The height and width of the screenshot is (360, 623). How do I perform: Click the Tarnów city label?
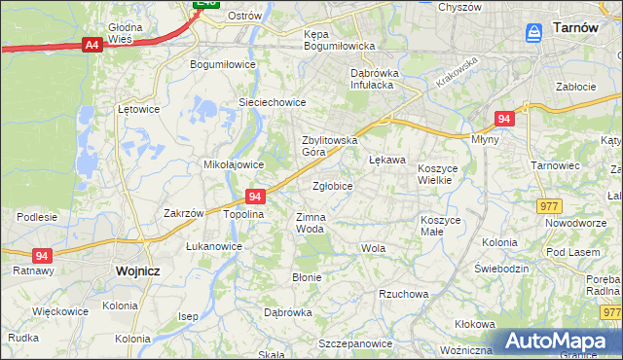(574, 28)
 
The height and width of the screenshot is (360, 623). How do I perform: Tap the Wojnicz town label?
(137, 271)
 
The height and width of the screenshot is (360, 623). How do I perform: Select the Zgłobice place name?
(332, 185)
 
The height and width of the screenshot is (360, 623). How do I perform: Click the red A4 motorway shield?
(92, 45)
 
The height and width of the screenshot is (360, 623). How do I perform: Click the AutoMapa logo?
(559, 342)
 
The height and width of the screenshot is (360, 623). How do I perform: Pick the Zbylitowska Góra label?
(330, 145)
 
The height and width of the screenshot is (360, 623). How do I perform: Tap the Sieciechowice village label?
(273, 102)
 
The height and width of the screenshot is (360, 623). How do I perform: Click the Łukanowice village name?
(214, 246)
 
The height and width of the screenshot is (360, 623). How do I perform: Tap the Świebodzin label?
(500, 268)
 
